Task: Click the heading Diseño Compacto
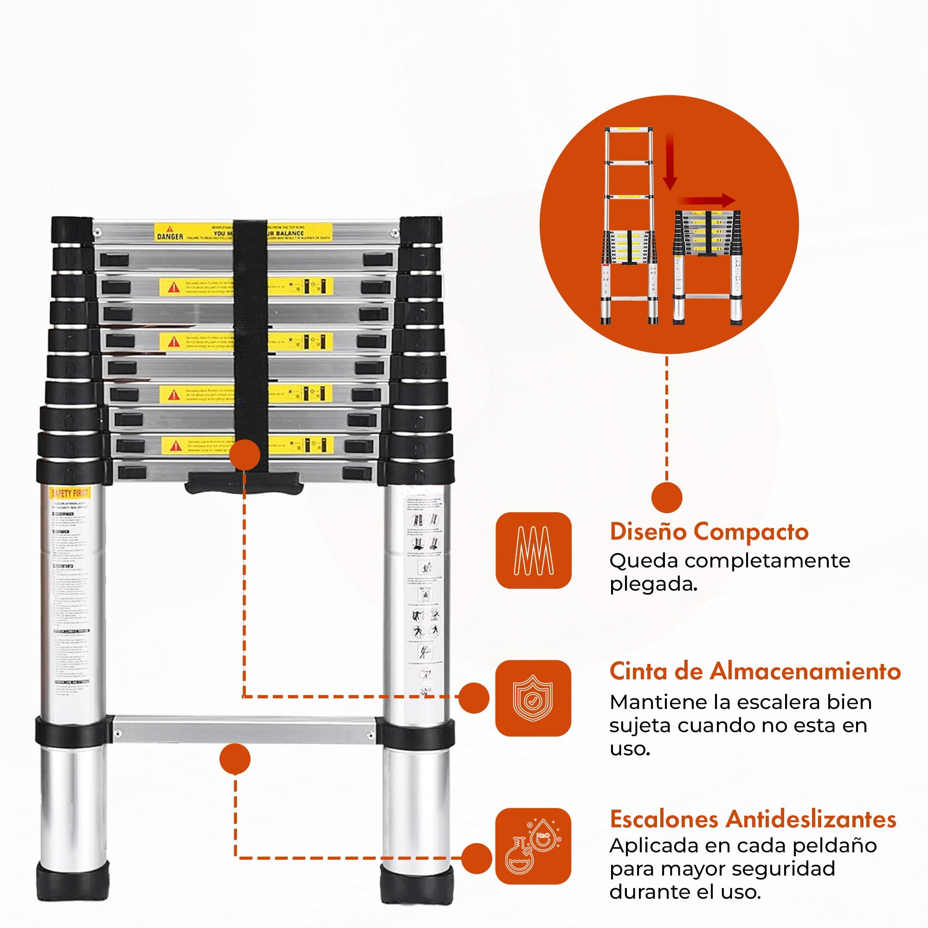coord(709,532)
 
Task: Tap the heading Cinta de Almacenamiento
coord(754,671)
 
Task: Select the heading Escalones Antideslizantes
coord(753,819)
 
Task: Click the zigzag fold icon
coord(533,550)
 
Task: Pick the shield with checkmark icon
coord(533,698)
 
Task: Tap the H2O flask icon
coord(533,846)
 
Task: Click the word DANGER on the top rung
coord(170,236)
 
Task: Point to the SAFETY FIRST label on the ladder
coord(70,493)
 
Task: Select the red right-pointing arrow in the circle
coord(706,201)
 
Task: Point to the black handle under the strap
coord(244,482)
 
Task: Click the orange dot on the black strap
coord(245,454)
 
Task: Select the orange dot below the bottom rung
coord(235,759)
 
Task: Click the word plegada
coord(653,584)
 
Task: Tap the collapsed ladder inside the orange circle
coord(707,267)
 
